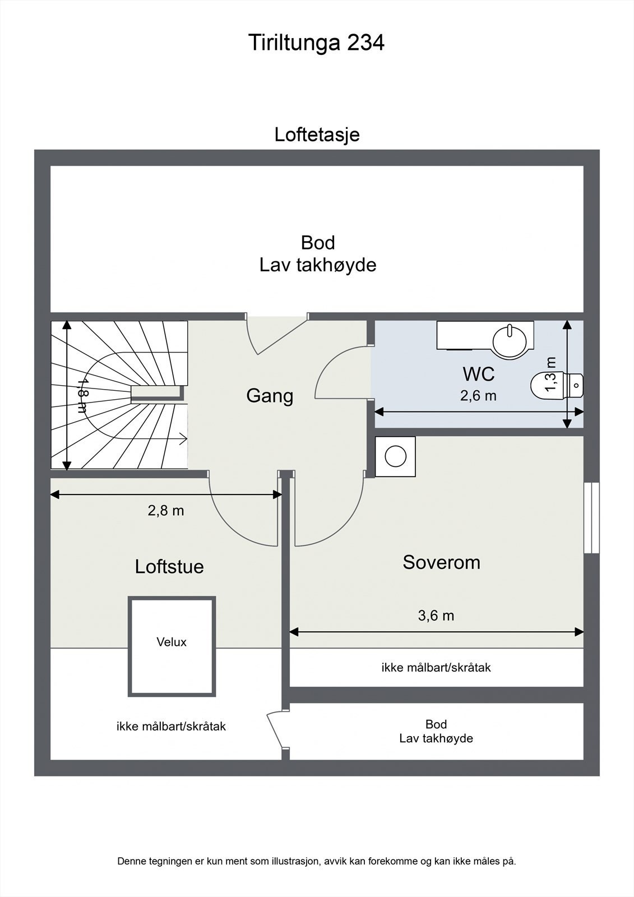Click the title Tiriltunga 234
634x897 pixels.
click(316, 43)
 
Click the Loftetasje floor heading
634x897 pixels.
click(317, 135)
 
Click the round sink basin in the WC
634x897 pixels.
click(510, 339)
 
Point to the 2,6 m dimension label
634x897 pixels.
click(478, 396)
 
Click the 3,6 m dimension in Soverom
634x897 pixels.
click(436, 616)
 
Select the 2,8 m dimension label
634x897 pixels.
click(166, 511)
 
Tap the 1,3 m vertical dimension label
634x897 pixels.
click(551, 374)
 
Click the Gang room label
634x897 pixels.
click(270, 396)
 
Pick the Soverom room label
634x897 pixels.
click(441, 562)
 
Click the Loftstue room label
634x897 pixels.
click(169, 566)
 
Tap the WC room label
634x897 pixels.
click(478, 374)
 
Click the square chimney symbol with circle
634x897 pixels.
click(395, 456)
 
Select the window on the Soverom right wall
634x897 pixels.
click(591, 517)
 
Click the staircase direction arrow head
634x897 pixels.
click(184, 440)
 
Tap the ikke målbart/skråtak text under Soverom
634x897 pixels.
click(436, 668)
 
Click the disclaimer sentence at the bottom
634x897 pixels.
click(317, 861)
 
